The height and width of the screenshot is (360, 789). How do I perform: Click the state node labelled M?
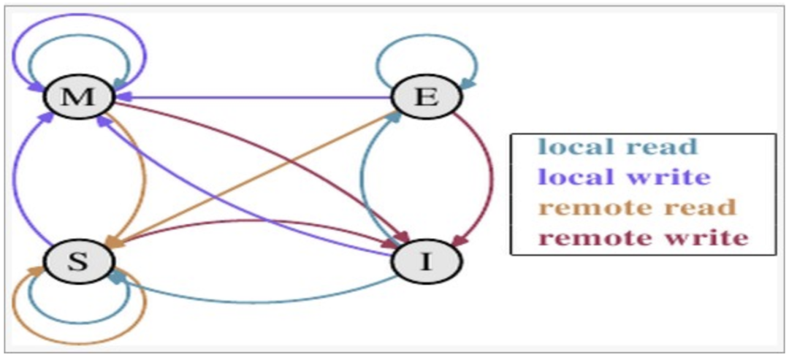pyautogui.click(x=79, y=96)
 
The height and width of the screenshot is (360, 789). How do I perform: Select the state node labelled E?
pyautogui.click(x=427, y=96)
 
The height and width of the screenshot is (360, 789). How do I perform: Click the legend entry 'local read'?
pyautogui.click(x=617, y=147)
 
